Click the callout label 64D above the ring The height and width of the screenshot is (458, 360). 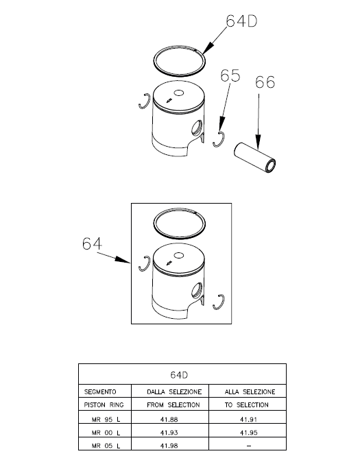click(241, 21)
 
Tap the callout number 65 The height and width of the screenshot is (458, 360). click(230, 75)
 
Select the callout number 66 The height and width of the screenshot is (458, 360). click(265, 82)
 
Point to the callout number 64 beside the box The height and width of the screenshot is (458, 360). click(92, 243)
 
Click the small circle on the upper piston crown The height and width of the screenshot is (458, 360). click(178, 93)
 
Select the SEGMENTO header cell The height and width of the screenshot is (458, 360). click(105, 391)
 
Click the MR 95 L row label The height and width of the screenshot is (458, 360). click(106, 420)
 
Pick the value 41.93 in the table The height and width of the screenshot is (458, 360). click(169, 433)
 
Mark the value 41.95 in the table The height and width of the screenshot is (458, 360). click(249, 433)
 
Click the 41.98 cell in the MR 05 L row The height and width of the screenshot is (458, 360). click(170, 444)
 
